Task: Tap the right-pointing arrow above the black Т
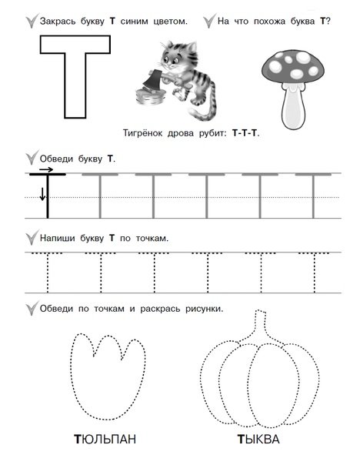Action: [46, 169]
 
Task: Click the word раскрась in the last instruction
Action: [158, 309]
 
